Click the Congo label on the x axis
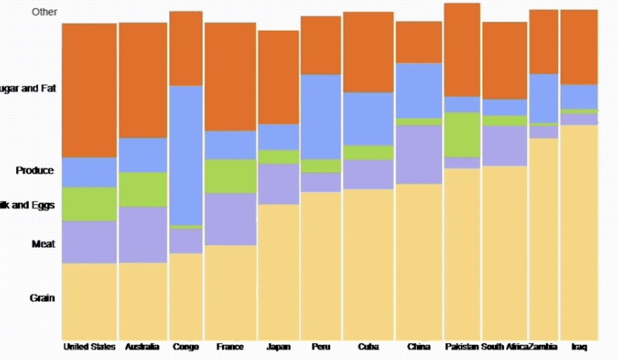click(x=186, y=347)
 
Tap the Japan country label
click(x=278, y=347)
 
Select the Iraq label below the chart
click(x=579, y=347)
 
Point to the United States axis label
click(x=89, y=347)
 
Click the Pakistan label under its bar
click(x=462, y=347)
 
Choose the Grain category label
click(x=42, y=298)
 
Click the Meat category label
click(x=43, y=244)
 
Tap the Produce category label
click(x=35, y=171)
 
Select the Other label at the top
click(x=45, y=12)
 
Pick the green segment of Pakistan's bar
click(x=462, y=134)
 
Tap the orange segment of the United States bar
click(x=89, y=90)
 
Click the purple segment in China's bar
click(x=419, y=154)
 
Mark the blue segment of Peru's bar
click(x=321, y=117)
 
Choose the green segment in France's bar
click(x=231, y=176)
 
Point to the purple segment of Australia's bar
click(x=143, y=234)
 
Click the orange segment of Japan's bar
click(x=278, y=77)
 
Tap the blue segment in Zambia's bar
click(x=544, y=98)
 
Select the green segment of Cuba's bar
click(x=368, y=152)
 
